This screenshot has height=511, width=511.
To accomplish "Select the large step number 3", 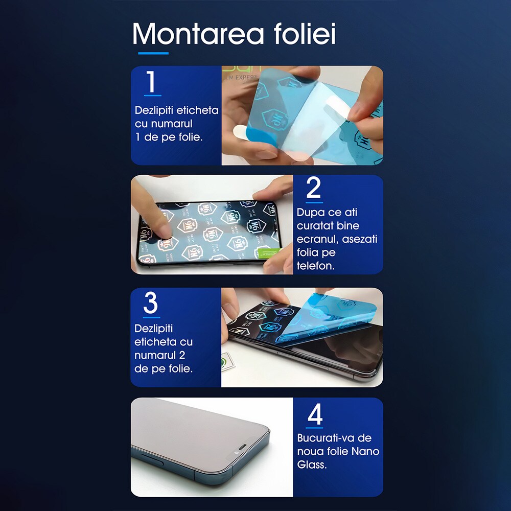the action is [151, 303].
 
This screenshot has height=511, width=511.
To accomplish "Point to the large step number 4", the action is [315, 414].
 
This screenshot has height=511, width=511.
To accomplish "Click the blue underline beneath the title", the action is [153, 53].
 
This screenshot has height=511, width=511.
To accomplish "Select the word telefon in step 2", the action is [315, 266].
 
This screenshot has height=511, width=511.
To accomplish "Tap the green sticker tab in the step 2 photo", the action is [269, 251].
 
